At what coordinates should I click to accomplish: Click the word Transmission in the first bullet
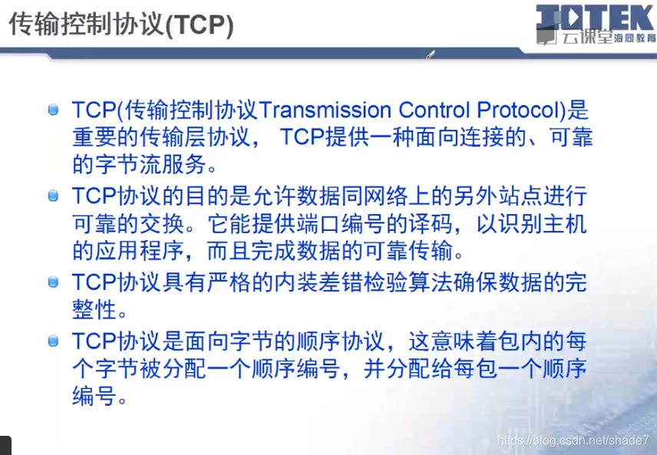coord(326,110)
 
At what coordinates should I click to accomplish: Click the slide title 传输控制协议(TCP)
coord(121,25)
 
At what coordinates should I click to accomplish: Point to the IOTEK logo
coord(595,18)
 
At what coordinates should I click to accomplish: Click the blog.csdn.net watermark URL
coord(573,440)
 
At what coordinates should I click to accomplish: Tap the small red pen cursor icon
coord(431,54)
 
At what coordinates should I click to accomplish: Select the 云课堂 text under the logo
coord(586,38)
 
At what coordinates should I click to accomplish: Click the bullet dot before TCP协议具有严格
coord(53,282)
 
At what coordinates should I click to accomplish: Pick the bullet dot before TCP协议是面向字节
coord(53,341)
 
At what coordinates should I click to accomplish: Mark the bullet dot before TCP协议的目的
coord(53,196)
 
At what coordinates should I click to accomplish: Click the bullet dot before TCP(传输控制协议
coord(53,110)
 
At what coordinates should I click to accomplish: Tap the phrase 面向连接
coord(459,137)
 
